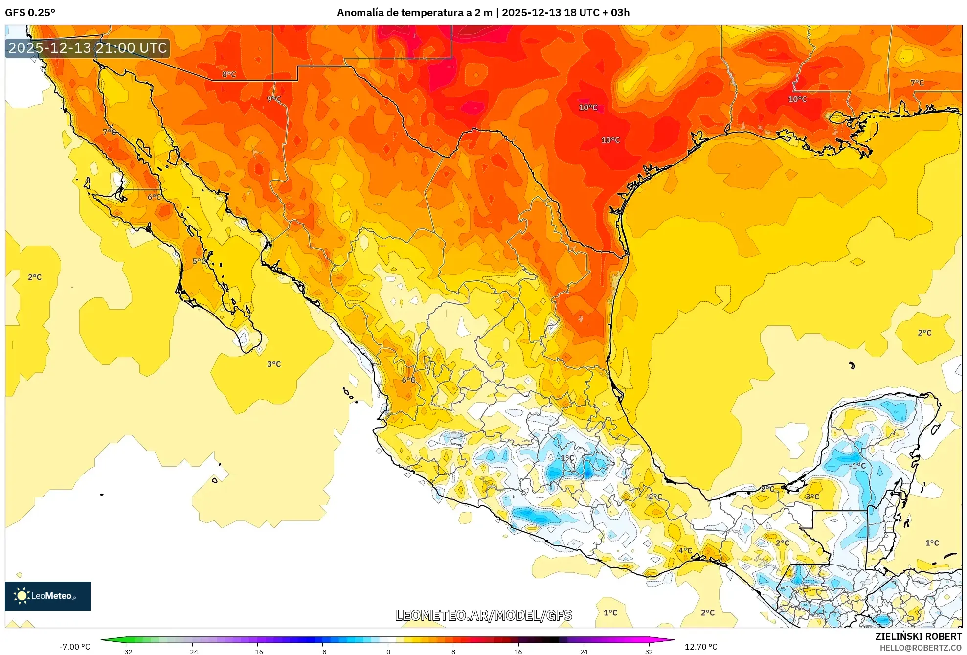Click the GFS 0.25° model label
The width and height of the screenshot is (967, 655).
[x=30, y=13]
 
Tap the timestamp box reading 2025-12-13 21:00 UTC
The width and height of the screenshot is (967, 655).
[x=88, y=48]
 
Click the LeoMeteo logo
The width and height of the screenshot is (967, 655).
[x=47, y=596]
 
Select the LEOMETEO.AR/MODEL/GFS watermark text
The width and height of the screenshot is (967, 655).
[x=483, y=615]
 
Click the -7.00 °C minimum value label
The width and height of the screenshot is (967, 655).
[x=75, y=647]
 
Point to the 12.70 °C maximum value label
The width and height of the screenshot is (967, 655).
[x=700, y=647]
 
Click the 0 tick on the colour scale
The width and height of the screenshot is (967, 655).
[x=388, y=651]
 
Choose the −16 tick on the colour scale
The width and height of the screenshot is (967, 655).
[x=257, y=651]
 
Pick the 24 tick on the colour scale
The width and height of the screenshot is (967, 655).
[x=584, y=651]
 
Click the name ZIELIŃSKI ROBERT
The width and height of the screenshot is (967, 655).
[x=918, y=636]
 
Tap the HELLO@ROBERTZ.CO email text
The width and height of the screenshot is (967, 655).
[x=921, y=648]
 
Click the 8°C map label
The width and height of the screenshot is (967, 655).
[x=229, y=74]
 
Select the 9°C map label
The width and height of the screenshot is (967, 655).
[x=274, y=99]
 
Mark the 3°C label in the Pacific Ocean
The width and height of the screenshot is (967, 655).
[x=274, y=364]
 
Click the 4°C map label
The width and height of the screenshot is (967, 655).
[x=685, y=550]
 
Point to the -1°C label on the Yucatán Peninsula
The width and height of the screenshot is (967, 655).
[x=857, y=466]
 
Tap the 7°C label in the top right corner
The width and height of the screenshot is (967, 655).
[x=917, y=83]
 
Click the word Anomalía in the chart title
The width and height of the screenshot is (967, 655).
[x=360, y=13]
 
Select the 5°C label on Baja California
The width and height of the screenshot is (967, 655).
[x=199, y=261]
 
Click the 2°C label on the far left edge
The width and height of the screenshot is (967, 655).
[x=35, y=277]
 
